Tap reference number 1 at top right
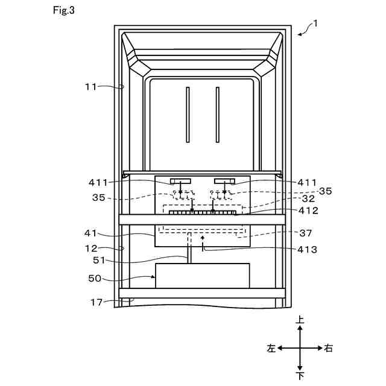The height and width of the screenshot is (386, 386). click(x=316, y=24)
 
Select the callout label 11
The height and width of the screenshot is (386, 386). click(x=90, y=87)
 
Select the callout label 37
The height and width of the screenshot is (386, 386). click(x=308, y=233)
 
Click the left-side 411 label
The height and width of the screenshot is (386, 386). click(x=98, y=182)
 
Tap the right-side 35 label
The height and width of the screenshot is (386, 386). click(x=325, y=191)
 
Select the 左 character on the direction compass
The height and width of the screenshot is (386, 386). click(x=271, y=348)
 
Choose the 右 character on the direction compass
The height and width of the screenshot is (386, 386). click(x=328, y=348)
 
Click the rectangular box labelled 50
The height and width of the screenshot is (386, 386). click(x=202, y=276)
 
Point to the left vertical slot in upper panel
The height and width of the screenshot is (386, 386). click(x=188, y=115)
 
